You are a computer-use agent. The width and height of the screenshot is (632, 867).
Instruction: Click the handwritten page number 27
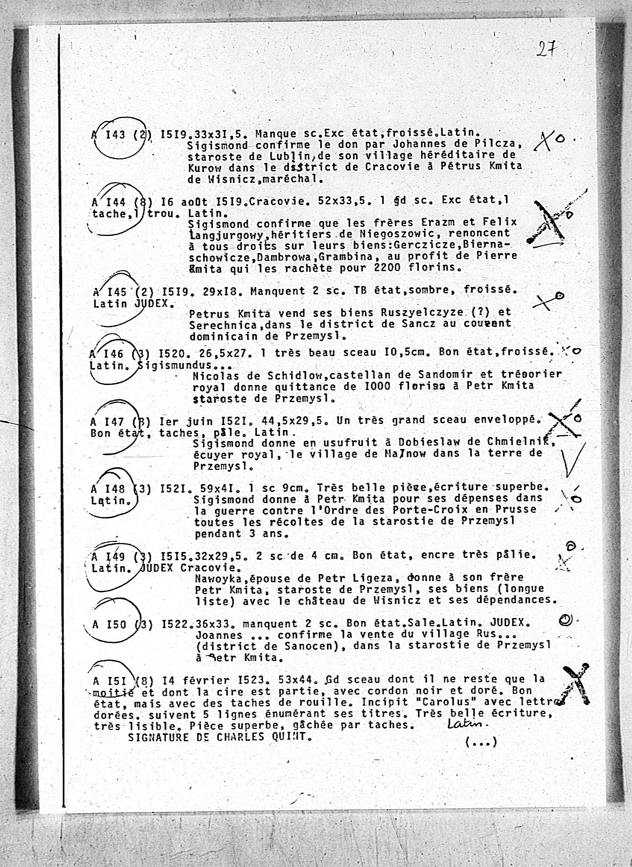tap(546, 49)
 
